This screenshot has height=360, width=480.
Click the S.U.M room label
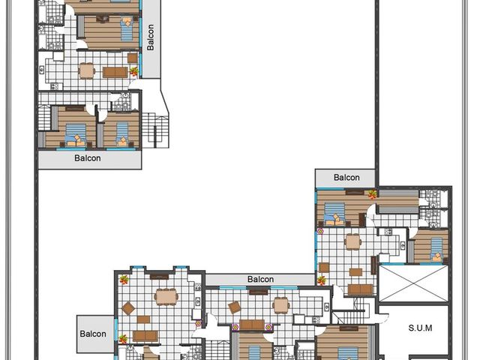[x=420, y=328]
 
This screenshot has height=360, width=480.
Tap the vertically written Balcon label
[x=150, y=37]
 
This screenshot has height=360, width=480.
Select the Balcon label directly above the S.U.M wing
[x=346, y=178]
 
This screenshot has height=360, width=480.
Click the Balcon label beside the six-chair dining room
[x=93, y=334]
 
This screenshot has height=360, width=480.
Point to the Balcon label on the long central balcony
[x=260, y=280]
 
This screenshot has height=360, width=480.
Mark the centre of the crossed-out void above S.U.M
[x=413, y=283]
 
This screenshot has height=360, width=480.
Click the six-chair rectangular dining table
[x=166, y=297]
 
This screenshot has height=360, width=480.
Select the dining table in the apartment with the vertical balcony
[x=87, y=71]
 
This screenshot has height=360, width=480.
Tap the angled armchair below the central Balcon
[x=235, y=307]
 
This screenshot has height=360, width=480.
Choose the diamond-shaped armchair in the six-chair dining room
[x=128, y=308]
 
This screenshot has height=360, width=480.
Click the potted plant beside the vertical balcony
[x=133, y=72]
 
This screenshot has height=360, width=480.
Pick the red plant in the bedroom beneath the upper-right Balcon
[x=372, y=194]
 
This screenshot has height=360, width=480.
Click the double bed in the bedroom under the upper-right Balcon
[x=334, y=214]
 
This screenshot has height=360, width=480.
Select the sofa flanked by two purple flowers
[x=252, y=325]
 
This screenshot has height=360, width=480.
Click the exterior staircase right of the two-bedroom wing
[x=155, y=130]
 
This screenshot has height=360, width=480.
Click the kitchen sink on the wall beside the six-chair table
[x=198, y=286]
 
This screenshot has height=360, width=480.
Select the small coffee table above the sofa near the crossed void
[x=355, y=272]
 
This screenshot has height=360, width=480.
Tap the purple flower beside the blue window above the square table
[x=320, y=232]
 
